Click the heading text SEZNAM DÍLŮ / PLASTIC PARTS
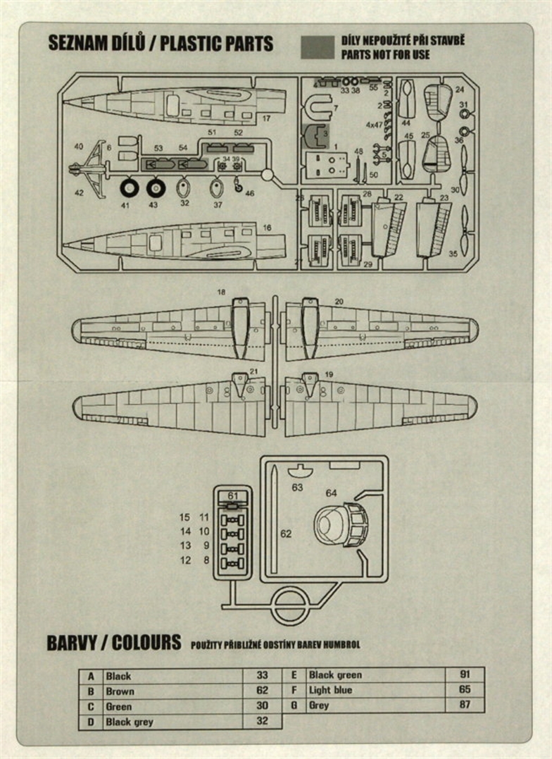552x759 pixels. (x=161, y=44)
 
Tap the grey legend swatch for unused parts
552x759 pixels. (x=317, y=47)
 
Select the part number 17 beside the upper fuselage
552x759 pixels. (x=266, y=118)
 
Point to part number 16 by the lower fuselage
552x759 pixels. (x=266, y=228)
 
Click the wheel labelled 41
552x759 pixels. (x=130, y=188)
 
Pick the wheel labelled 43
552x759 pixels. (x=156, y=188)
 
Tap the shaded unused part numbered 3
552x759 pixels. (x=315, y=134)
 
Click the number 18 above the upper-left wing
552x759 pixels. (x=222, y=292)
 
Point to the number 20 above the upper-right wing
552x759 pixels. (x=339, y=301)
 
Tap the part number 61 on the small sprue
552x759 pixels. (x=233, y=496)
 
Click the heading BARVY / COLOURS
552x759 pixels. (x=113, y=643)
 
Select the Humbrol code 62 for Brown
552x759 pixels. (x=262, y=691)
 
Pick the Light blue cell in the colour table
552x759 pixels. (x=330, y=690)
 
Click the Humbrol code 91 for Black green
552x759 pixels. (x=465, y=674)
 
